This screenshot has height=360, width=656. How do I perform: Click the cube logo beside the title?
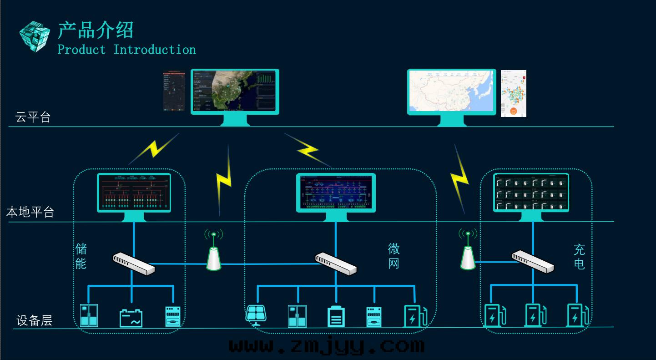pyautogui.click(x=34, y=36)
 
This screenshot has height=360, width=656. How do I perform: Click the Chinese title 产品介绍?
pyautogui.click(x=96, y=30)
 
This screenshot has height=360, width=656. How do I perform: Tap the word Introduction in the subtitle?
pyautogui.click(x=155, y=50)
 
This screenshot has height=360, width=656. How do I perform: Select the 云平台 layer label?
pyautogui.click(x=33, y=117)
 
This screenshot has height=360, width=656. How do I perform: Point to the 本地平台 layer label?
pyautogui.click(x=30, y=212)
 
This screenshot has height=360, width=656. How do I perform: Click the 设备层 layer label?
pyautogui.click(x=34, y=320)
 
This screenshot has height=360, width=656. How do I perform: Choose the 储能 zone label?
pyautogui.click(x=81, y=256)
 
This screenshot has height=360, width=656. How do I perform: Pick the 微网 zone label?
pyautogui.click(x=394, y=256)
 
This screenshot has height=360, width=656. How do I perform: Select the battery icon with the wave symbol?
pyautogui.click(x=131, y=318)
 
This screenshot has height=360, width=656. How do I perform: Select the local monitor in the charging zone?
pyautogui.click(x=531, y=193)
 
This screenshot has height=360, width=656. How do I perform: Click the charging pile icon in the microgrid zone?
pyautogui.click(x=415, y=316)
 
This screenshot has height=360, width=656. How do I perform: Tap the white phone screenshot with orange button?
pyautogui.click(x=514, y=93)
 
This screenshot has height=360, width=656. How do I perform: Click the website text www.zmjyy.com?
pyautogui.click(x=326, y=346)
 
